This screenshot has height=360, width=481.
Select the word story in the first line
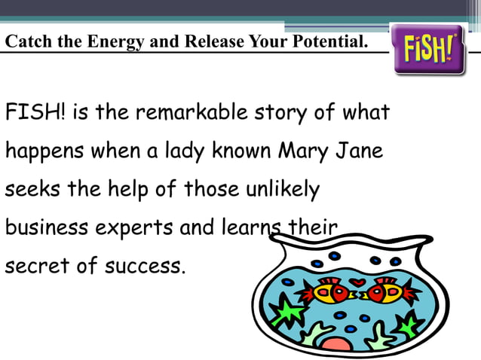pyautogui.click(x=280, y=114)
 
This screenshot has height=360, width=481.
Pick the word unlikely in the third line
pyautogui.click(x=283, y=189)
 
